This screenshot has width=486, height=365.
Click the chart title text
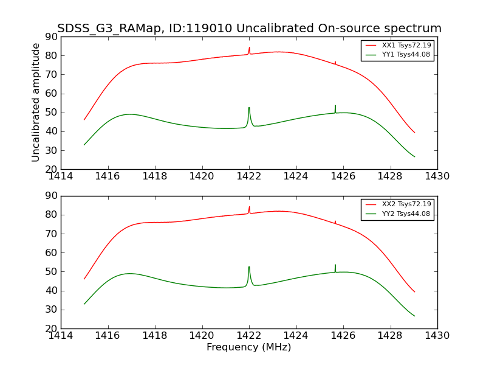click(249, 29)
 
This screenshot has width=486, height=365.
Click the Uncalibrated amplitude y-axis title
click(36, 102)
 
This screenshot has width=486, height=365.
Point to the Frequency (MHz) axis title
click(249, 347)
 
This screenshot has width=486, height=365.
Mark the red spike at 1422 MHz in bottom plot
click(249, 209)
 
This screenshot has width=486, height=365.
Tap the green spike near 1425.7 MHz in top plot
click(335, 108)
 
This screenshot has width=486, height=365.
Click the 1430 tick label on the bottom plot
click(437, 335)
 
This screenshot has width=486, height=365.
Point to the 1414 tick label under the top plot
click(61, 176)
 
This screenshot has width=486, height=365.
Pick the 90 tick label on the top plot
click(51, 37)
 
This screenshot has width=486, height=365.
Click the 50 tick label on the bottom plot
click(51, 272)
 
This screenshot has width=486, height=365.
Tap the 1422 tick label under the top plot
click(249, 176)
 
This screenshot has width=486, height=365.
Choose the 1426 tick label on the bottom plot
click(343, 335)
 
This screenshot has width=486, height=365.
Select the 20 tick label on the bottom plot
click(51, 328)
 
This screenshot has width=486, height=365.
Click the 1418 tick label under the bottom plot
click(155, 335)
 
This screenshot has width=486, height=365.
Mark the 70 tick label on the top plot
click(51, 75)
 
